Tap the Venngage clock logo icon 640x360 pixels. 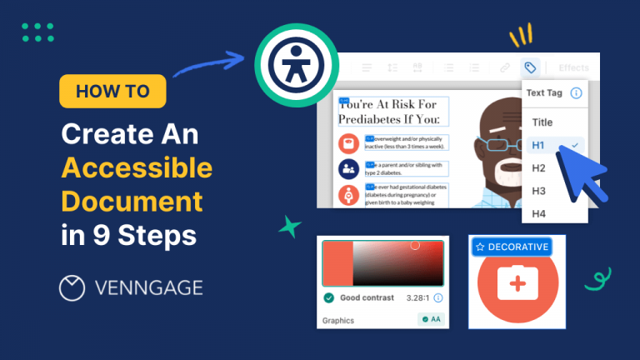click(72, 287)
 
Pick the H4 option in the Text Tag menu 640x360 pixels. click(538, 214)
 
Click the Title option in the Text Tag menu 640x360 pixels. click(542, 122)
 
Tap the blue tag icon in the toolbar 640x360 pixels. click(530, 67)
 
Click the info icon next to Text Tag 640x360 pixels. click(576, 93)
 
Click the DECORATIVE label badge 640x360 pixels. click(512, 247)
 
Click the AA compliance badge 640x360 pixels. click(431, 319)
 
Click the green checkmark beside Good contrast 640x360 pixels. click(328, 297)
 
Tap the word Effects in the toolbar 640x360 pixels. click(572, 67)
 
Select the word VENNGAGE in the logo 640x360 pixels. click(149, 288)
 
